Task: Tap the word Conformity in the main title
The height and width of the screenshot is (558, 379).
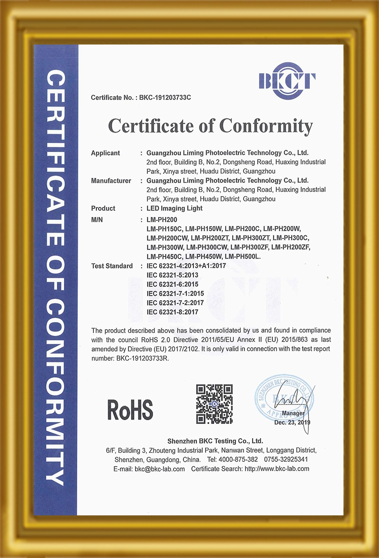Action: (266, 126)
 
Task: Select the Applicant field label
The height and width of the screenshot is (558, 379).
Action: (105, 153)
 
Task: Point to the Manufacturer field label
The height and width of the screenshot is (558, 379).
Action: (111, 180)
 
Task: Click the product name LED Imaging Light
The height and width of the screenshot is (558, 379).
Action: (175, 208)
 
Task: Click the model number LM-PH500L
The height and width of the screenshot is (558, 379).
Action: (242, 256)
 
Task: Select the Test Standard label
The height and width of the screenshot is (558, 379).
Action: (112, 266)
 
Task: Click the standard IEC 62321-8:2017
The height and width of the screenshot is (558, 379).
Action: (172, 311)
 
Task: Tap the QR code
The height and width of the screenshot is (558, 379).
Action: (215, 403)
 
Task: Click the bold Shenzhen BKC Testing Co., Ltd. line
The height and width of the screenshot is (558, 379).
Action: (212, 441)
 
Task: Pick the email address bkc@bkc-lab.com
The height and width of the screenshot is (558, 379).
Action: (160, 468)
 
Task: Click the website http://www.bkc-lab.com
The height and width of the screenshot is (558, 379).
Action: (277, 468)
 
